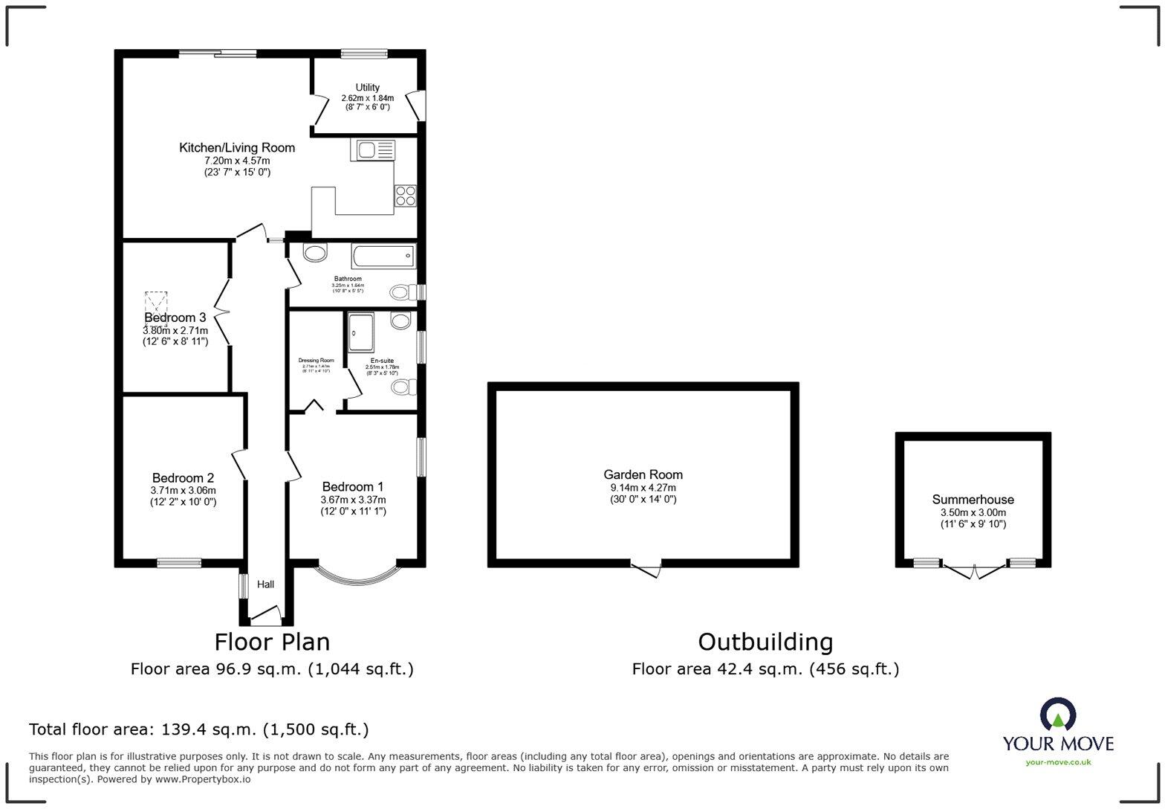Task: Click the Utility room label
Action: (x=367, y=88)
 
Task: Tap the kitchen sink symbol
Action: (x=372, y=150)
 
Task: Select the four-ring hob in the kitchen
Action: (x=405, y=196)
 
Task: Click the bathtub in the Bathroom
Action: (x=383, y=256)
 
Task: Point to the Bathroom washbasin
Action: (x=315, y=253)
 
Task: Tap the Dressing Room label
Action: (x=316, y=361)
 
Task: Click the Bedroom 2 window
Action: (x=178, y=563)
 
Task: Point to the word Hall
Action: (x=265, y=584)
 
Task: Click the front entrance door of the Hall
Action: (x=265, y=614)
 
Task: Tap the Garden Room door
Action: (x=646, y=569)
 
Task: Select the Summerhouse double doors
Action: (x=973, y=571)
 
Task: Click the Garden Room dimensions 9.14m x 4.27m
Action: (x=643, y=488)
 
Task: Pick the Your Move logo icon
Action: (x=1058, y=715)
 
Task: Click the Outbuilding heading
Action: (x=765, y=642)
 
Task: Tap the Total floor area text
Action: (x=198, y=729)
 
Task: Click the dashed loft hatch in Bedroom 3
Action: (x=156, y=305)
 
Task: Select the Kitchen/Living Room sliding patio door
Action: (x=218, y=53)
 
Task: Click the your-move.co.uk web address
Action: (x=1058, y=761)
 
